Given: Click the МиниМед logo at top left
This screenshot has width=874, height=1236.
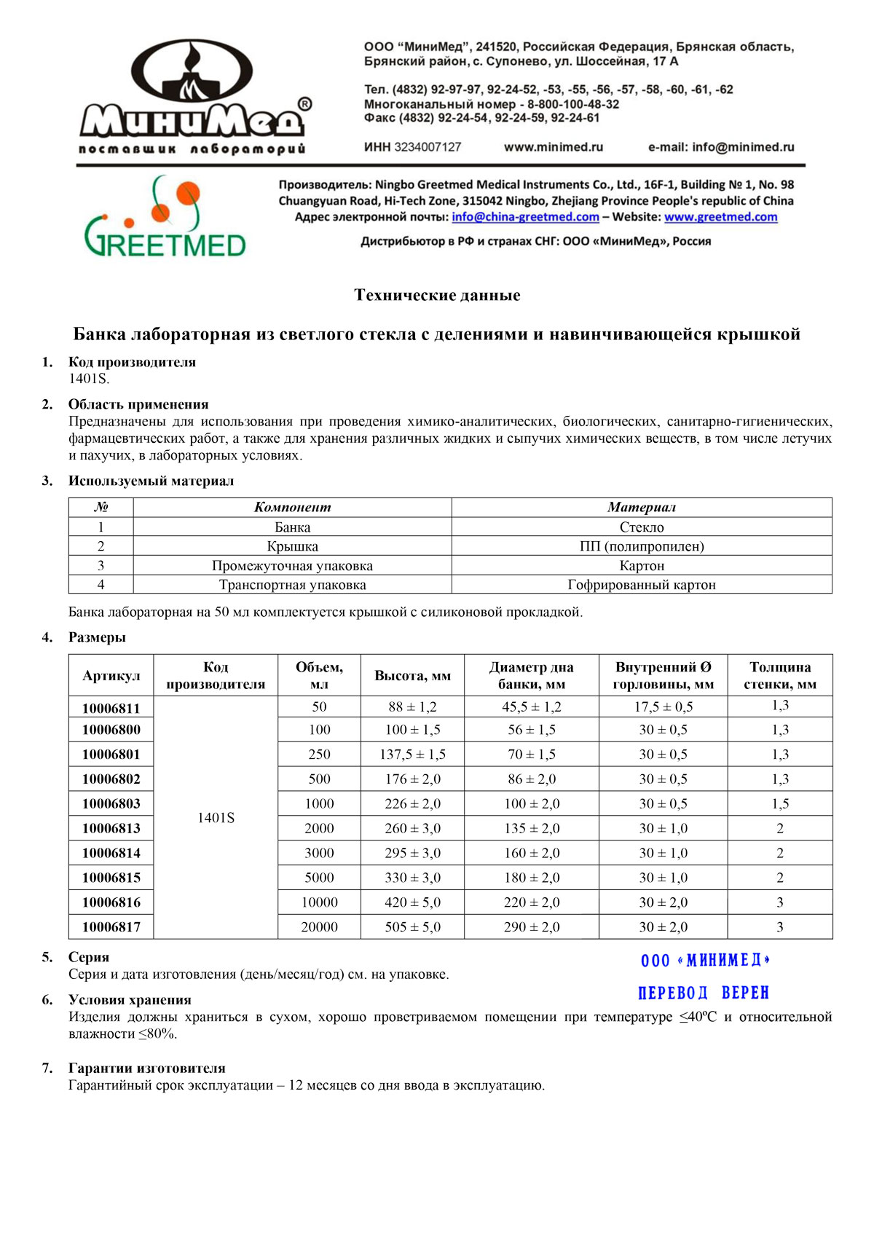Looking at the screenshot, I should [x=193, y=98].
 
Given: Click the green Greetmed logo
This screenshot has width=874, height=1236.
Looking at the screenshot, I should [x=165, y=219].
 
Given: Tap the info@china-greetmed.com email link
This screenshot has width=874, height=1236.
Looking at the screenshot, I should [x=525, y=217].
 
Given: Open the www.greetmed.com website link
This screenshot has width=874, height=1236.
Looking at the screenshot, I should [x=720, y=217].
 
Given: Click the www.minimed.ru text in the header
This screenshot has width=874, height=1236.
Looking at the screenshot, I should [x=554, y=147].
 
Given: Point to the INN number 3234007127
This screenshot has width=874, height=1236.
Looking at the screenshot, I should [x=428, y=147].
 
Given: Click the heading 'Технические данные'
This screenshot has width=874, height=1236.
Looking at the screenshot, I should [x=437, y=295].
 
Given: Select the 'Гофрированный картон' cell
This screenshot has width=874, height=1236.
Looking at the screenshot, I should [x=642, y=585].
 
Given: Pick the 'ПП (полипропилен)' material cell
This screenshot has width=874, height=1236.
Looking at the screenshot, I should [x=642, y=546].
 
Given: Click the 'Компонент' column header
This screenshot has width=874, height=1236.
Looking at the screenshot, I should [x=292, y=508].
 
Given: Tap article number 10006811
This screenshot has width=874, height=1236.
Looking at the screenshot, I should [x=111, y=708].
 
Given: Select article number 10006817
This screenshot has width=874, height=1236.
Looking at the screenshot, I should [x=111, y=927].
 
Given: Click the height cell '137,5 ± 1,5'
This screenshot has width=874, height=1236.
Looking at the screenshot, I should [x=412, y=755].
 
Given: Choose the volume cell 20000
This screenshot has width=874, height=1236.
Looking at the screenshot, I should [x=319, y=927].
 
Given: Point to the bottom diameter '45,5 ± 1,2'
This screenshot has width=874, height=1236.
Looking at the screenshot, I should [x=532, y=707].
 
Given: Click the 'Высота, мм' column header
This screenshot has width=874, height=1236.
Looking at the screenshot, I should [x=412, y=676].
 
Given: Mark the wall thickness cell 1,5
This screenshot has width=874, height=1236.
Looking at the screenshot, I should [x=780, y=804].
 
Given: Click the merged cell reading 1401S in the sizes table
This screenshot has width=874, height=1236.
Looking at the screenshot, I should [x=216, y=818].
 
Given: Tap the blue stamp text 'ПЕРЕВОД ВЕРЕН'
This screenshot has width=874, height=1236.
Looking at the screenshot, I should [x=704, y=993].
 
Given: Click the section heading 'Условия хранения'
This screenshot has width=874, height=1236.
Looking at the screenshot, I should [x=130, y=1000].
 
